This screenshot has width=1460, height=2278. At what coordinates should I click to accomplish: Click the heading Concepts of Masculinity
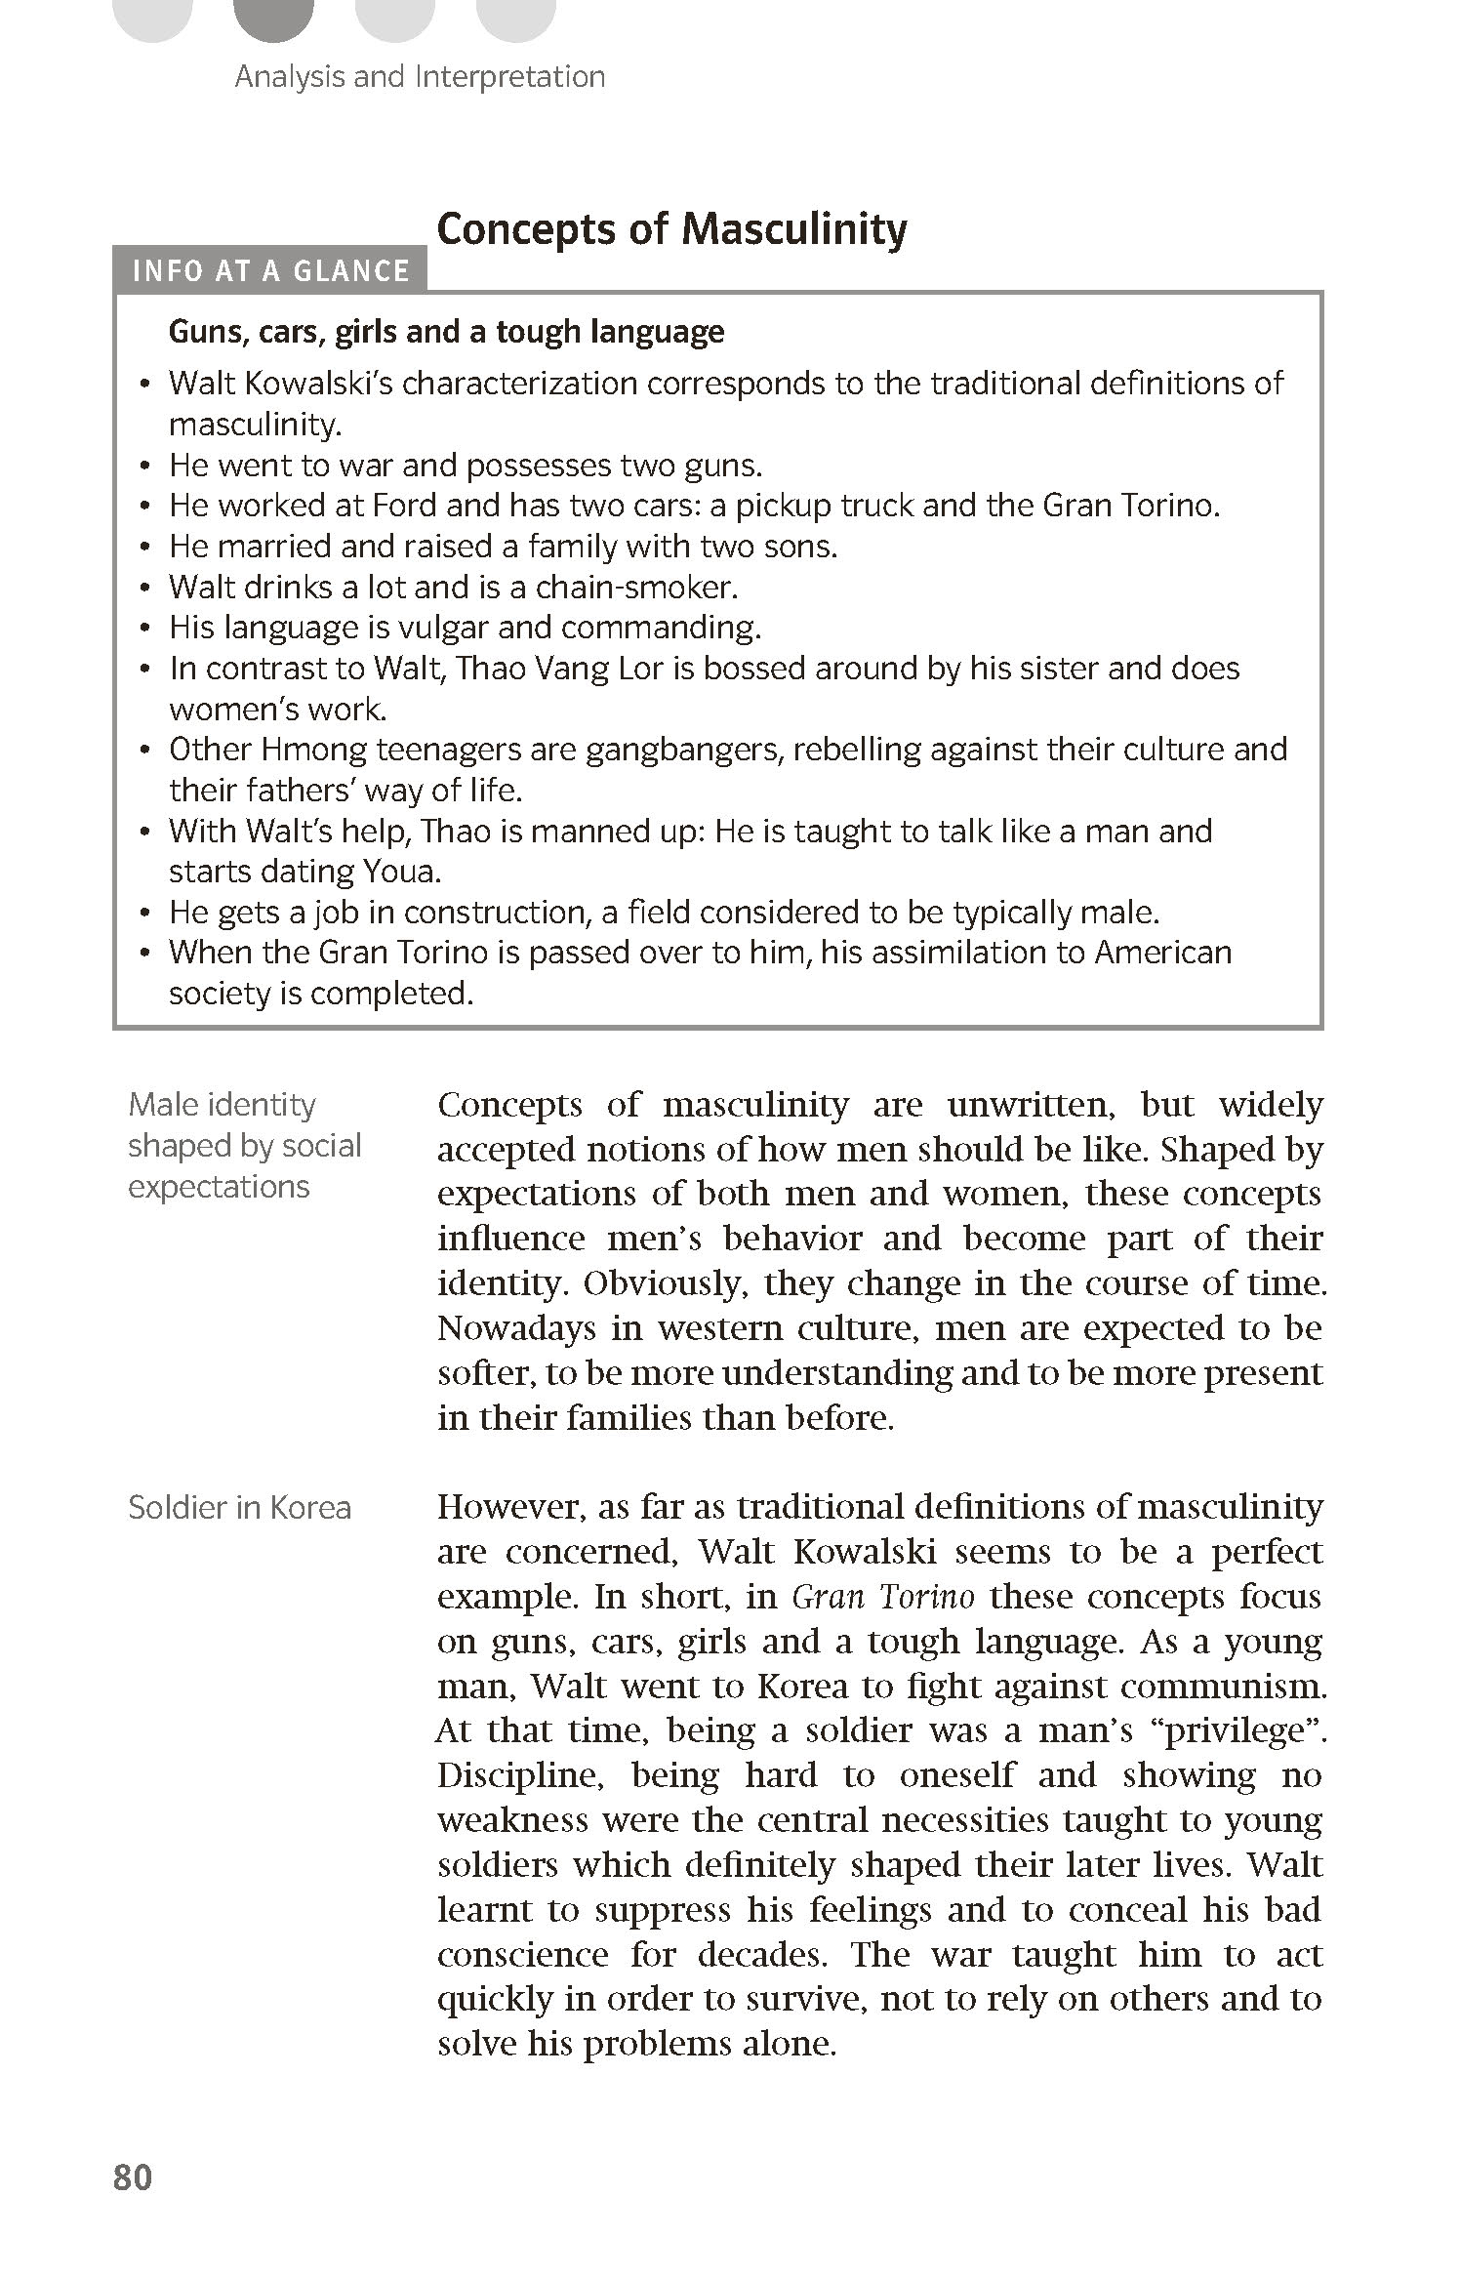[671, 229]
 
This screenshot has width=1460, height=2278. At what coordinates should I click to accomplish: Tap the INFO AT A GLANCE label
[270, 270]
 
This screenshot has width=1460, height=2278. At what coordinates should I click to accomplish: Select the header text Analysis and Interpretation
[420, 77]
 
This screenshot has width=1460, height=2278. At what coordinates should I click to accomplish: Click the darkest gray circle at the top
[274, 18]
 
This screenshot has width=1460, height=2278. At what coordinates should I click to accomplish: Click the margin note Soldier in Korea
[239, 1508]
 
